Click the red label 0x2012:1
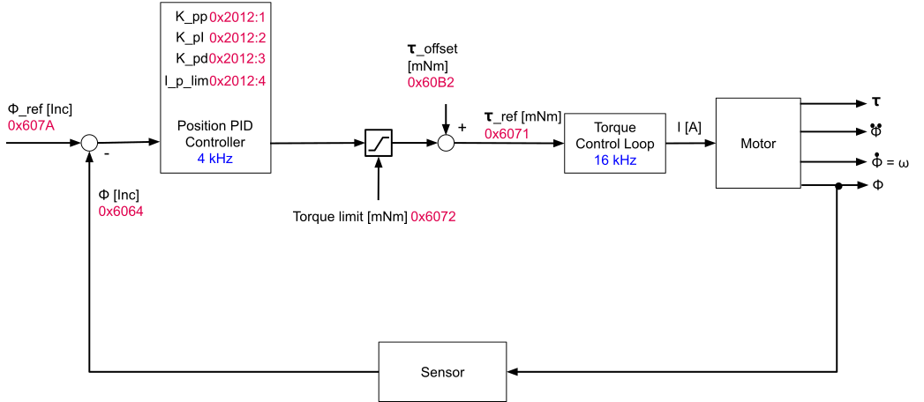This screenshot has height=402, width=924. [237, 17]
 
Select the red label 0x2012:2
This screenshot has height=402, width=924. [237, 38]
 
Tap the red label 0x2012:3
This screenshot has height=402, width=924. [237, 58]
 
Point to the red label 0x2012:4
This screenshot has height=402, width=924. [237, 81]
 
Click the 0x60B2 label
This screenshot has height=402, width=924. [431, 83]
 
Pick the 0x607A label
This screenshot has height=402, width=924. [31, 125]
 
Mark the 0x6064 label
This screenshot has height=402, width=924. [121, 212]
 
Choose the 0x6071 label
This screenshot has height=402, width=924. [507, 134]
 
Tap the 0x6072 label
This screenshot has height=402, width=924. [433, 217]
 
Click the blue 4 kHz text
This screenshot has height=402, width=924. [215, 159]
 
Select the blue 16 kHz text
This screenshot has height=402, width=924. [615, 160]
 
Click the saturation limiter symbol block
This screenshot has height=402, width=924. [379, 143]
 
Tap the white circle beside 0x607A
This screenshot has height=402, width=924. [89, 143]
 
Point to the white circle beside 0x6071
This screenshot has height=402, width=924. [446, 143]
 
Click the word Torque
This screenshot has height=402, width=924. [615, 128]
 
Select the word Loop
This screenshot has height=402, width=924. [639, 144]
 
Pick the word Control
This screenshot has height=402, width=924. [597, 144]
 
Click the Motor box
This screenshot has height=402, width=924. [758, 144]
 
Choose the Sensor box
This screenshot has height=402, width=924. [442, 372]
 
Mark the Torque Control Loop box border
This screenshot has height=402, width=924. [566, 143]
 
